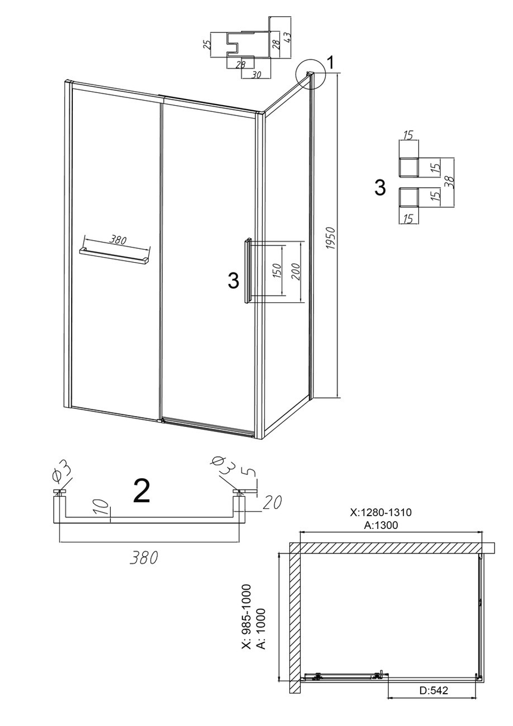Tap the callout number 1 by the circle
330,63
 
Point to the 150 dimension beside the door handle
278,270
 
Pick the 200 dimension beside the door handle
296,271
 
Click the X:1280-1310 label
381,512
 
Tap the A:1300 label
381,525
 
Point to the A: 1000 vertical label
261,619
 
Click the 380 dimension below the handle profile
144,558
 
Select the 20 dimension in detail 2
272,502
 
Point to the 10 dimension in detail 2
102,508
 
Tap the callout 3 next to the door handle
233,280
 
